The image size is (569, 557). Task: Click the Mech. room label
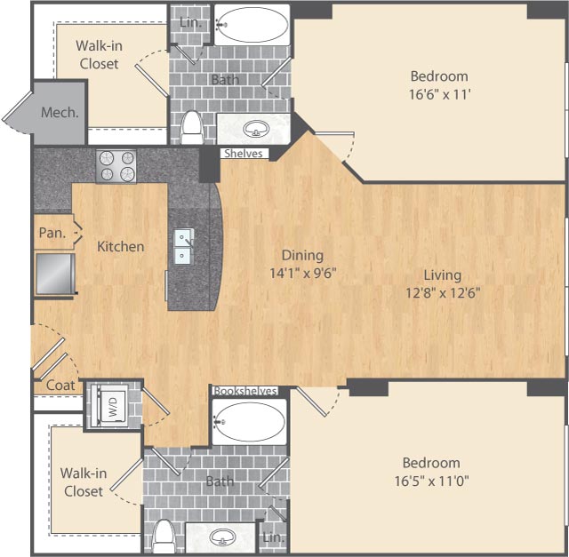pos(60,113)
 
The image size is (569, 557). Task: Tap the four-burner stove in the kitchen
pos(116,166)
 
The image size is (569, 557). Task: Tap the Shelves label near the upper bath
pos(243,154)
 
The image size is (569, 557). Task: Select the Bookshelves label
pos(244,391)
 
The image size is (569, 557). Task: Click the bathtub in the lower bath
pos(250,421)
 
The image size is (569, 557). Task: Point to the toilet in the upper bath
pos(191,130)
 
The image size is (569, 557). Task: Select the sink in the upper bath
pos(257,128)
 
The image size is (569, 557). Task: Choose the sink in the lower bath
pos(221,539)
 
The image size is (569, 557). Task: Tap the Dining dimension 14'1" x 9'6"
pos(303,273)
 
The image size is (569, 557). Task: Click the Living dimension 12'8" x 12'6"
pos(442,292)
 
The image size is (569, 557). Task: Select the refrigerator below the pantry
pos(54,273)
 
